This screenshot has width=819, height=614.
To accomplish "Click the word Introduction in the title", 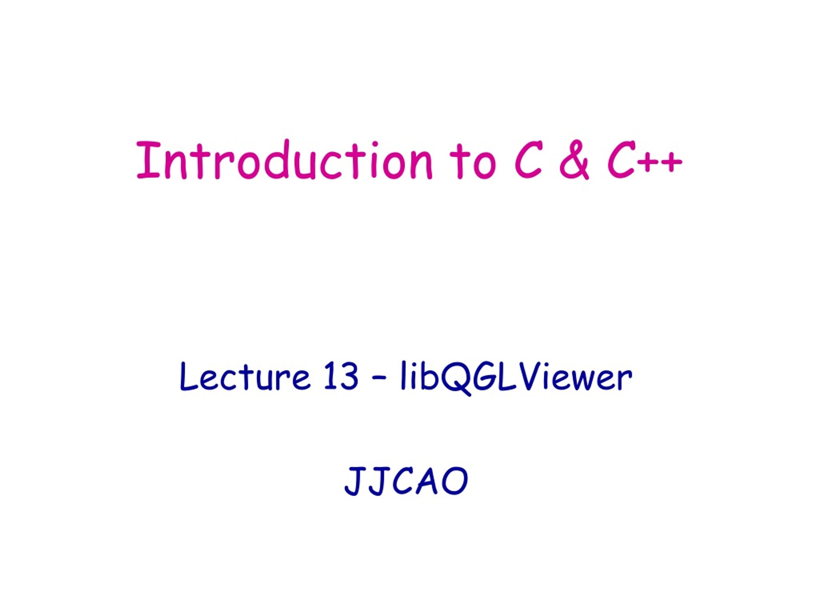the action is [285, 160].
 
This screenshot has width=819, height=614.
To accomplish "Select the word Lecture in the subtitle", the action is [245, 376].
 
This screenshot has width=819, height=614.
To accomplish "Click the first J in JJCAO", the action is [356, 480].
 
